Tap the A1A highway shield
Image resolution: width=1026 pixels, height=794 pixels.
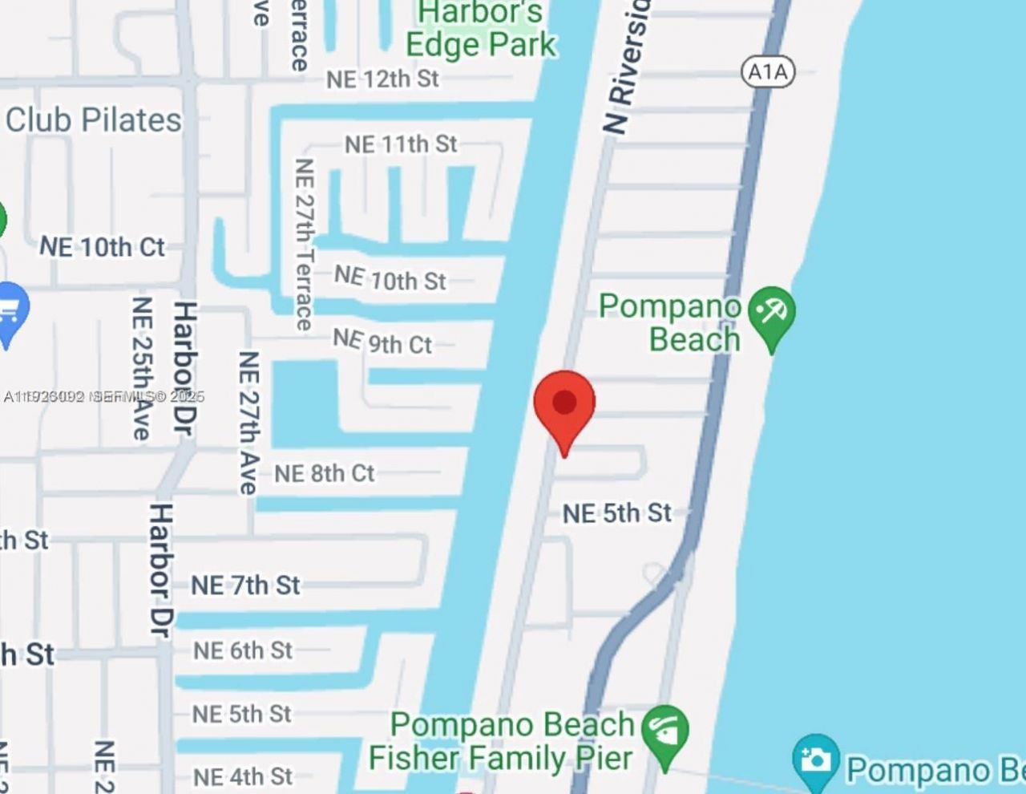(767, 72)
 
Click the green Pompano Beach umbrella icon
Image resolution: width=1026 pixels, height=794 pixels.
(772, 314)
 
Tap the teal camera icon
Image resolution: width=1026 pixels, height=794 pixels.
(815, 759)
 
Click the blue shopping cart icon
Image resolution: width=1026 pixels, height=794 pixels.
(10, 312)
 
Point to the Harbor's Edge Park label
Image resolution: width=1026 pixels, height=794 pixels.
(480, 29)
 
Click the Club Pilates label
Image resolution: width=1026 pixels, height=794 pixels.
(94, 120)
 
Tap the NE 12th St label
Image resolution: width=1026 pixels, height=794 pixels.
(382, 79)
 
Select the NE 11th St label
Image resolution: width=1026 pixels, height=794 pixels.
(401, 144)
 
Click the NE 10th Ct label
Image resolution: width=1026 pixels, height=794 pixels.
(103, 247)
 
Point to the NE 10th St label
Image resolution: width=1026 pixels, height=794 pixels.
(390, 278)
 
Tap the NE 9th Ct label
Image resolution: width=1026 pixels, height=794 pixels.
(382, 342)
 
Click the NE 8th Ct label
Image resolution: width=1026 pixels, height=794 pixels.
(324, 473)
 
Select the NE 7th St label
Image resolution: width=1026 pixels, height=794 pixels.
(245, 585)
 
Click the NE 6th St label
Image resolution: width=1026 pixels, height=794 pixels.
(242, 650)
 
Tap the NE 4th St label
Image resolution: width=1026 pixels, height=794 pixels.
(242, 776)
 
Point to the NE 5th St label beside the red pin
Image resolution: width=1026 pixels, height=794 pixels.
(616, 512)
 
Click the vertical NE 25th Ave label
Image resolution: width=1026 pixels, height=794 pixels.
(142, 368)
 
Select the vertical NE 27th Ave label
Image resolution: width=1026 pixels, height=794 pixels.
(248, 423)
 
